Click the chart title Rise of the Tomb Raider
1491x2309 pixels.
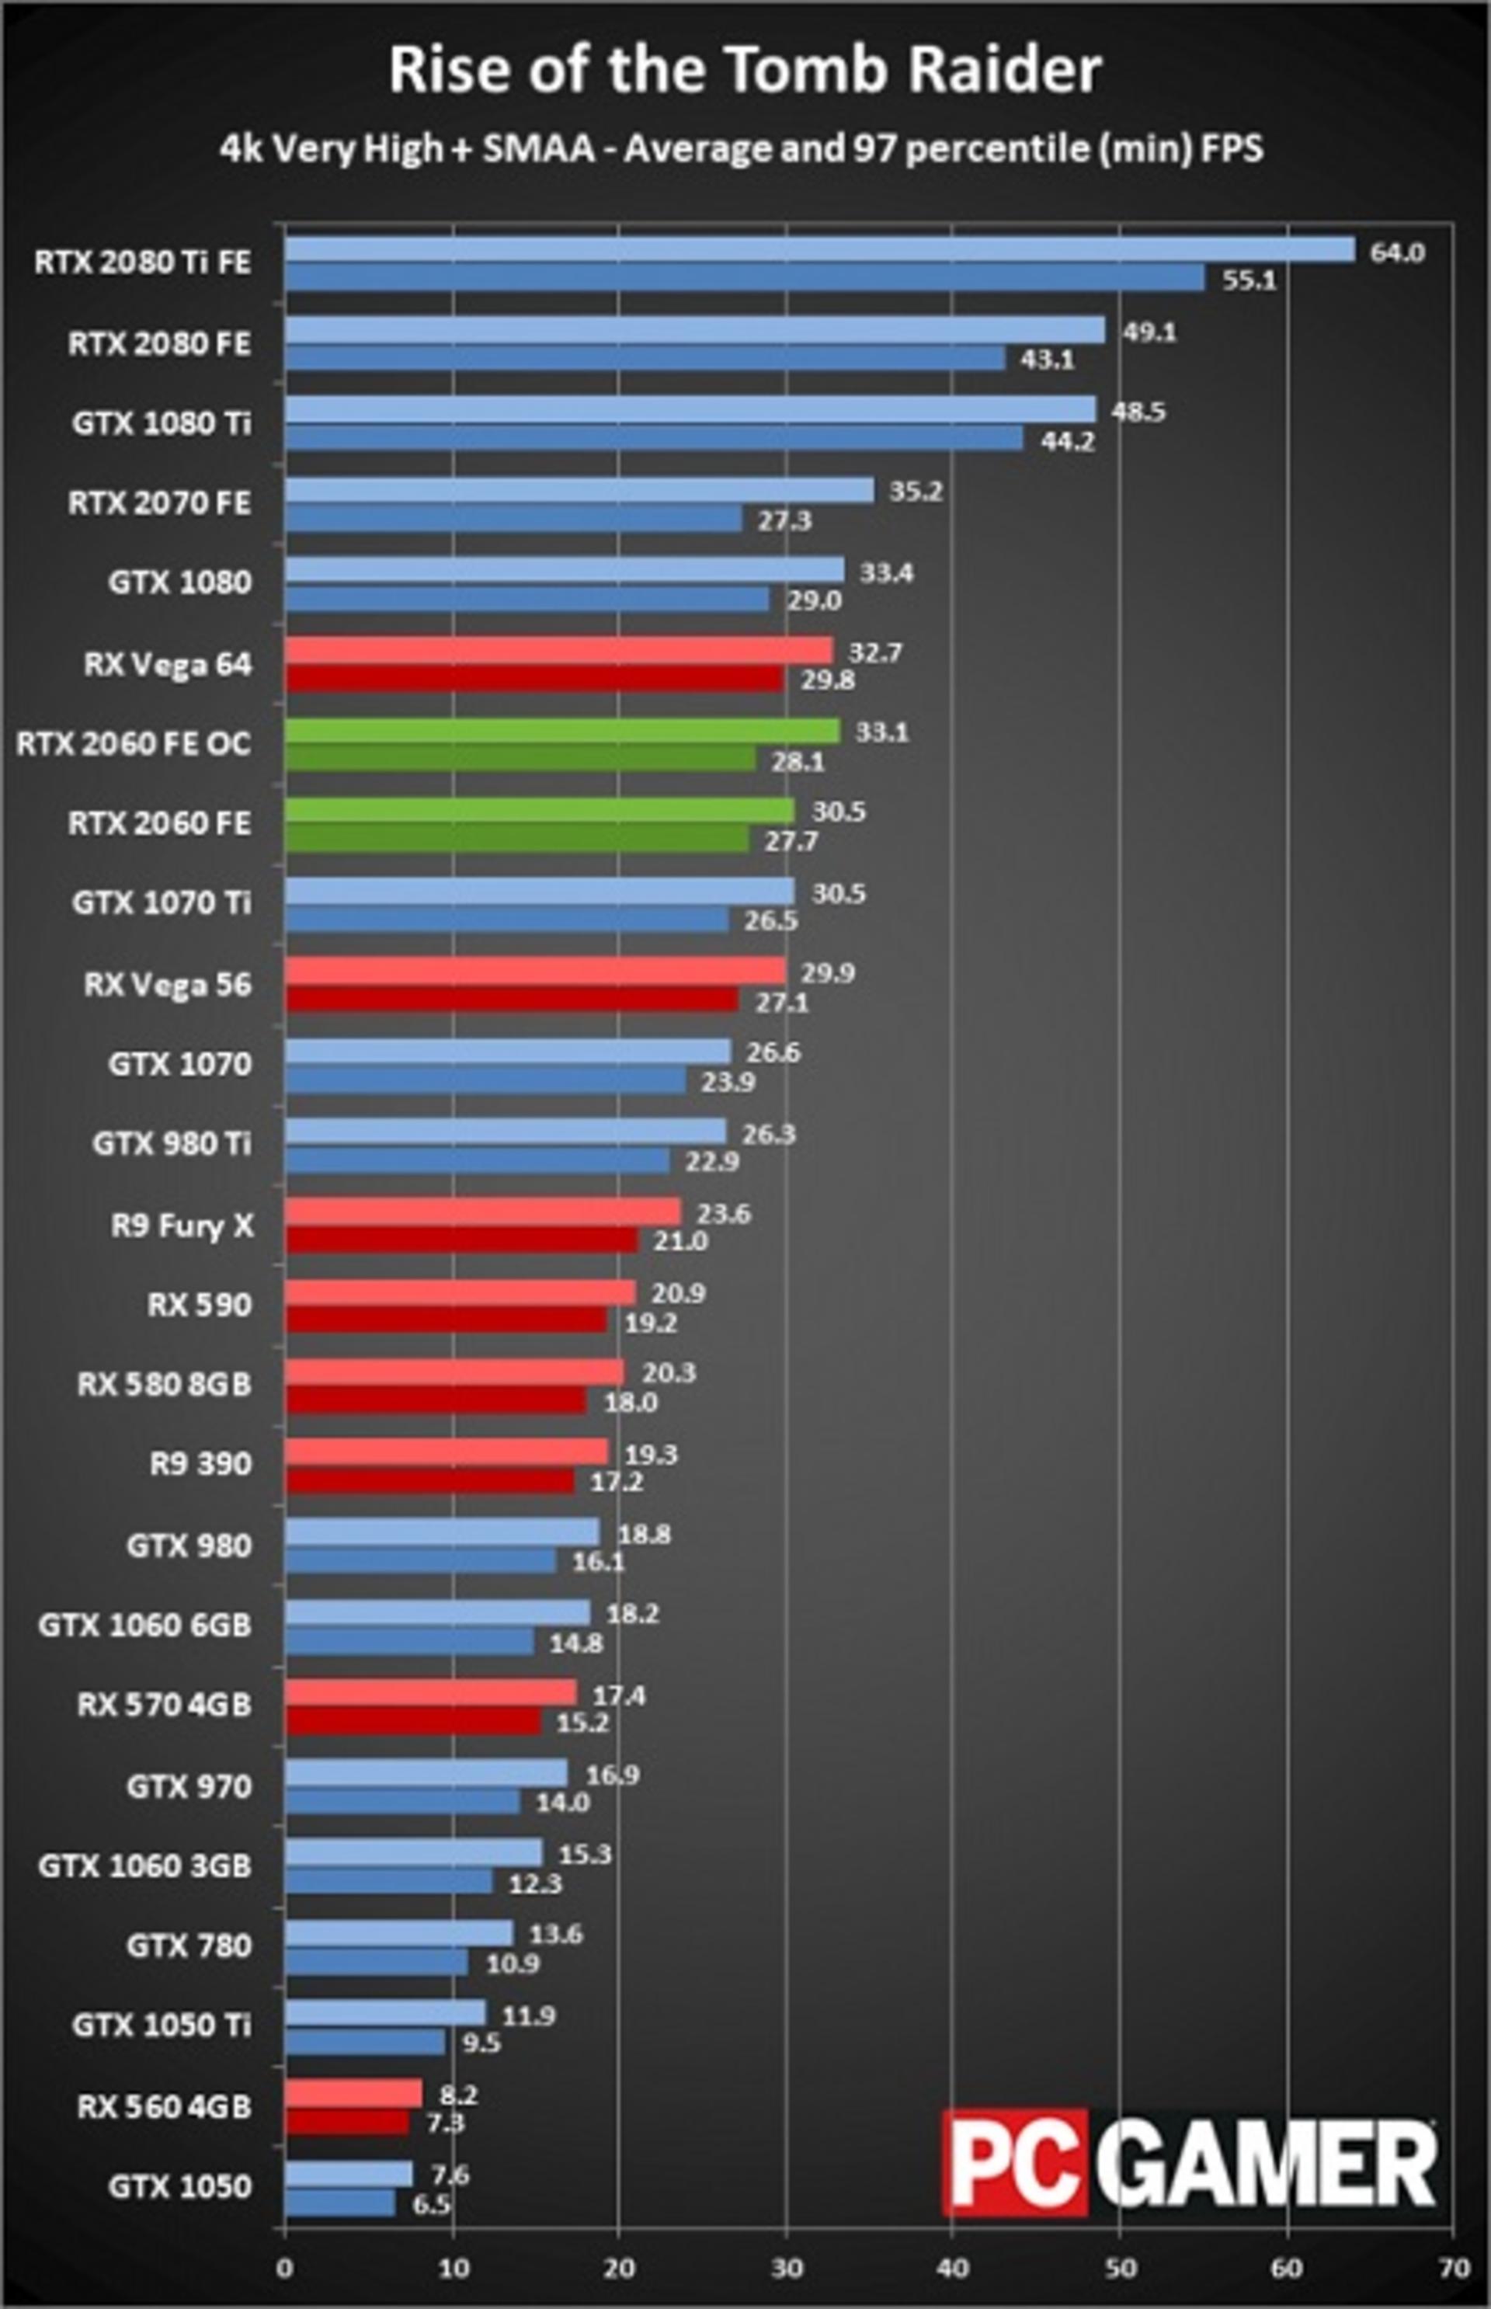pos(745,70)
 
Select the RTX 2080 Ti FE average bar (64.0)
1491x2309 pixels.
pos(820,250)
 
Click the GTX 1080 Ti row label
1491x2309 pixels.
pos(162,423)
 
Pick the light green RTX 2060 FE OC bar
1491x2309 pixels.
pos(562,730)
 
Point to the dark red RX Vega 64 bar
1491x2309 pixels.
pos(534,679)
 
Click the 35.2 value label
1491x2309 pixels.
pos(916,492)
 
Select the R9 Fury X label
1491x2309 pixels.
pos(182,1226)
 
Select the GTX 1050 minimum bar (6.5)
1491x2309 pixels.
pos(340,2203)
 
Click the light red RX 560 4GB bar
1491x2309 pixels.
pos(353,2093)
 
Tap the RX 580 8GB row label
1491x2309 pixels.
pos(165,1385)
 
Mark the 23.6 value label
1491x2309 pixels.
pos(723,1213)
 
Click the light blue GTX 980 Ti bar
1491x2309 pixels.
pos(506,1131)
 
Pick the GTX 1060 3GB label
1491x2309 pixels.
pos(145,1866)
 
